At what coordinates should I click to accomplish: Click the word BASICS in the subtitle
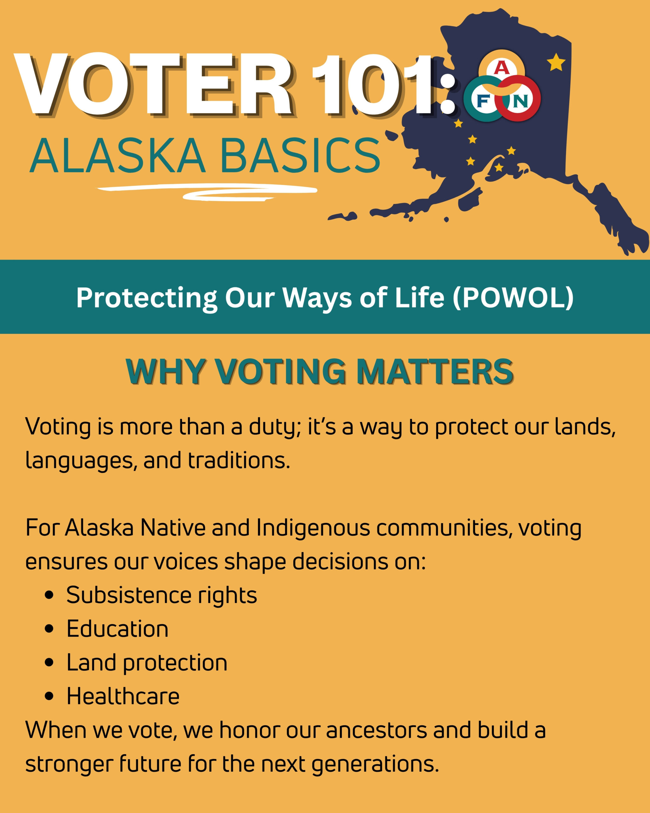click(x=300, y=156)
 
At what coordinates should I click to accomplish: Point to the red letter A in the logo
click(x=501, y=68)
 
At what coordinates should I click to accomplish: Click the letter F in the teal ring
click(x=483, y=101)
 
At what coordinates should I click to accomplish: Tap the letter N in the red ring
click(x=521, y=101)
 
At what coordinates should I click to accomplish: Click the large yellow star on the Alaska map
click(x=556, y=62)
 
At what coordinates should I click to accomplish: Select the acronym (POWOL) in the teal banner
click(x=513, y=298)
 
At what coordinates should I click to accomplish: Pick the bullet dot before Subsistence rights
click(x=49, y=595)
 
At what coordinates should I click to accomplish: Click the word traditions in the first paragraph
click(x=239, y=460)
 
